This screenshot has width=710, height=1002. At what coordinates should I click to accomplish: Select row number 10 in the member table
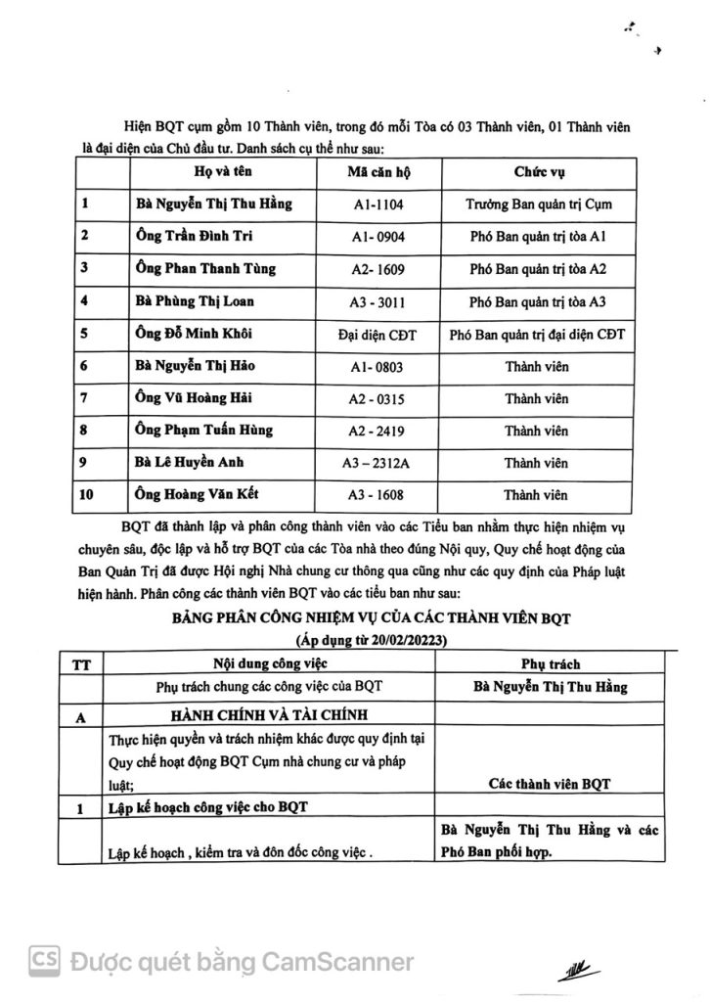(x=87, y=494)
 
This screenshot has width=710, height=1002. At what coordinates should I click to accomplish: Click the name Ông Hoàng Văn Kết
(x=202, y=494)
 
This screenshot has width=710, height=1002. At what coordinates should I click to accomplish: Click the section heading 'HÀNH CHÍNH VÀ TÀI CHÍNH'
(x=256, y=713)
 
